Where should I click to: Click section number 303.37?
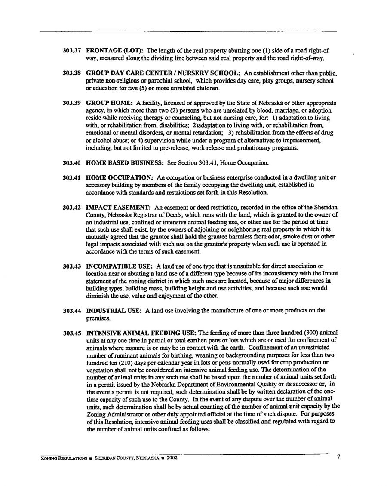(71, 51)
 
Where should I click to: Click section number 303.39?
(71, 104)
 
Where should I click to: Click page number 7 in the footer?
(338, 457)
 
